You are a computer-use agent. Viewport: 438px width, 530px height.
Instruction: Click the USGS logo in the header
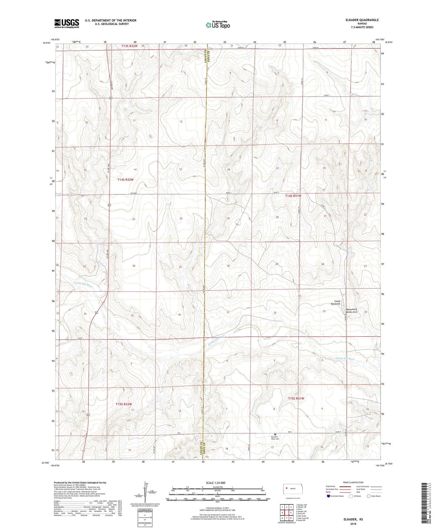pos(67,23)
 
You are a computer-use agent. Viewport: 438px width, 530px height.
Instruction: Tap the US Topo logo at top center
pos(218,25)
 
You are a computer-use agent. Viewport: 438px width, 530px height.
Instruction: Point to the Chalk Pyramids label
pos(335,303)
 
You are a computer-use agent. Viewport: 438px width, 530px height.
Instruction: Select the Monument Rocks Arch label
pos(352,311)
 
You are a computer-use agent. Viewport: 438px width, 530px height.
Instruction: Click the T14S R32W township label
pos(125,180)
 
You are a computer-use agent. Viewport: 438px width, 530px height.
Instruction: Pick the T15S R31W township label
pos(296,398)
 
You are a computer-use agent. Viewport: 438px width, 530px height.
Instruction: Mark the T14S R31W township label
pos(293,196)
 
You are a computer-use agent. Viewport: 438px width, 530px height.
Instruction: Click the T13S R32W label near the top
pos(129,46)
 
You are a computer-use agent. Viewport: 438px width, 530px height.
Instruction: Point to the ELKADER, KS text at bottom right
pos(353,519)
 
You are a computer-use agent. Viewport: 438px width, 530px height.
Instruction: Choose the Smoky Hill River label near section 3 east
pos(345,358)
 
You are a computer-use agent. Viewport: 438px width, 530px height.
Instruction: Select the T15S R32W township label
pos(124,404)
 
